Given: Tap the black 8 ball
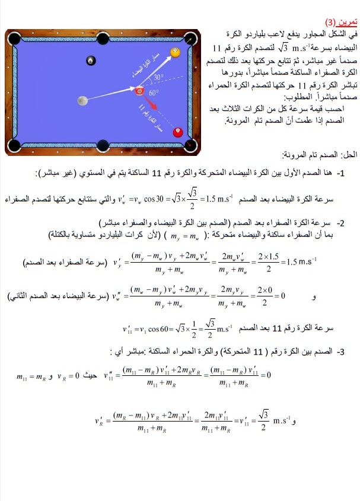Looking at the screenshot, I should [x=91, y=60].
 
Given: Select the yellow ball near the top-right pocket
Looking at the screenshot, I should [x=176, y=53].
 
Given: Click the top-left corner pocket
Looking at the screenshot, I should [x=17, y=37].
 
